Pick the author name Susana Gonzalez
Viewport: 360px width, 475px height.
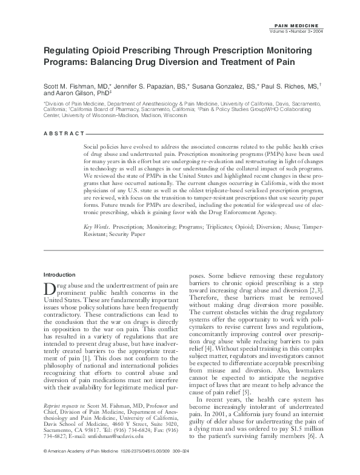pos(208,87)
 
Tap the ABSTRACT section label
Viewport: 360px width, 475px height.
pos(63,133)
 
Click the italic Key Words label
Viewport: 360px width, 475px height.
pos(98,226)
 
